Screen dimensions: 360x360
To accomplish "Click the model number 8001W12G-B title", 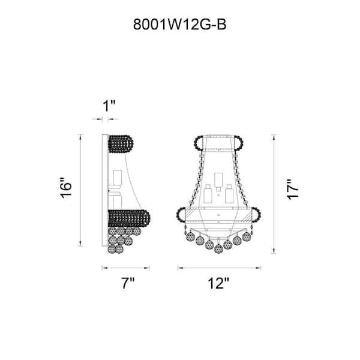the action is [x=180, y=25].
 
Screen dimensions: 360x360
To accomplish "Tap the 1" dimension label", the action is [x=109, y=106].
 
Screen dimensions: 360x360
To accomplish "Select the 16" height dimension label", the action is [x=66, y=188].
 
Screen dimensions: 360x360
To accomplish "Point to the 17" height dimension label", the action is [x=293, y=190].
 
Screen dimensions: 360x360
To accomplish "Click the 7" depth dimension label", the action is [x=128, y=283].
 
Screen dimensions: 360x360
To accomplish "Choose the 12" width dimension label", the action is [x=218, y=283].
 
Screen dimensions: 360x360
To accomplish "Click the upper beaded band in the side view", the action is [x=121, y=144].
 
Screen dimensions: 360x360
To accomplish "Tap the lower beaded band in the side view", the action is [x=129, y=218].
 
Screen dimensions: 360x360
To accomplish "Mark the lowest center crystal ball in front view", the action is [x=218, y=248].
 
